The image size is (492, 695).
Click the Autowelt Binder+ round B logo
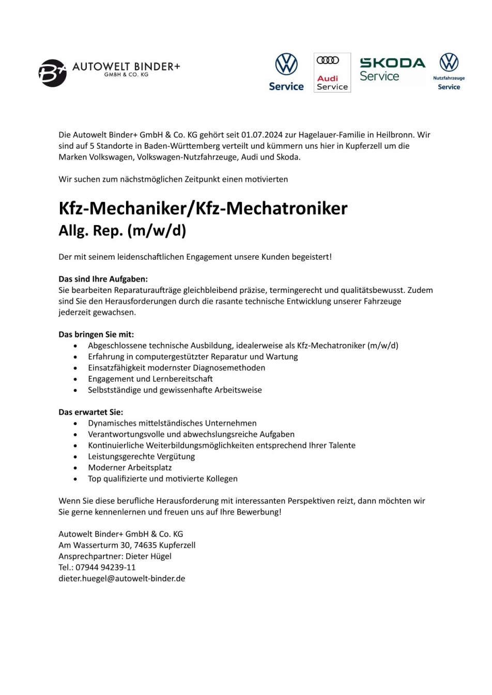(53, 73)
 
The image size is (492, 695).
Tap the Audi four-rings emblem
(328, 60)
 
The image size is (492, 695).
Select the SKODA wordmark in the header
(392, 63)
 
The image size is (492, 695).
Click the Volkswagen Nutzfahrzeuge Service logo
(449, 71)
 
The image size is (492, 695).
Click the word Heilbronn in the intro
(394, 135)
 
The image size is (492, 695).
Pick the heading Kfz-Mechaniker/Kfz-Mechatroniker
(203, 208)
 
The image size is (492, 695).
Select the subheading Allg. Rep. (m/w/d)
(122, 230)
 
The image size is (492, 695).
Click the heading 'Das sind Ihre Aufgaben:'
(103, 279)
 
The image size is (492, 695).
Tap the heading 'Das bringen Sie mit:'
(96, 334)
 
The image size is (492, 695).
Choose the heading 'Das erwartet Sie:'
(91, 412)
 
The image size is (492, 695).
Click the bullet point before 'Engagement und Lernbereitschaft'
(75, 379)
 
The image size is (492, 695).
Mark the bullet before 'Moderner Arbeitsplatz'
(75, 468)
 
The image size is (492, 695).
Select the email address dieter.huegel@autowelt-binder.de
(121, 578)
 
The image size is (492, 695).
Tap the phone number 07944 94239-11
(105, 567)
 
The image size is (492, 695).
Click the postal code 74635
(145, 545)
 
